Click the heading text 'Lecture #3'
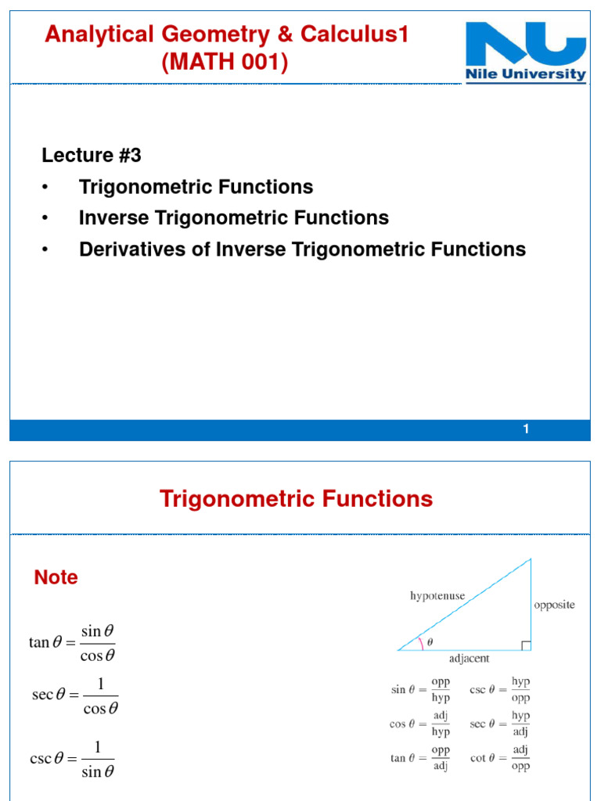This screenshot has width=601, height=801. coord(92,156)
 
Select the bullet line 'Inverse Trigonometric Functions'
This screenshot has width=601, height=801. coord(233,217)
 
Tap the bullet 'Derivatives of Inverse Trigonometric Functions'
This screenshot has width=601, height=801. coord(302,250)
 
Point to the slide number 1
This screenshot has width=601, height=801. coord(527,429)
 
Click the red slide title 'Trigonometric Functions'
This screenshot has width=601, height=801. coord(296,499)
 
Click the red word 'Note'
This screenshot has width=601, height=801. coord(56,577)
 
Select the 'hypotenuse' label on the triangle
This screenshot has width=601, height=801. coord(437,596)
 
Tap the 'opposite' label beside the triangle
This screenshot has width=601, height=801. coord(554,605)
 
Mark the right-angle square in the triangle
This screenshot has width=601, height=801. coord(526,645)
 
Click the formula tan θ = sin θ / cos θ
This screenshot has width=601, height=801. coord(72,643)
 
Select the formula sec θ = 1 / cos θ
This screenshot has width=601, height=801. coord(75,695)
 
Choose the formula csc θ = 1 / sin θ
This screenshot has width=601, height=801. coord(72,760)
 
